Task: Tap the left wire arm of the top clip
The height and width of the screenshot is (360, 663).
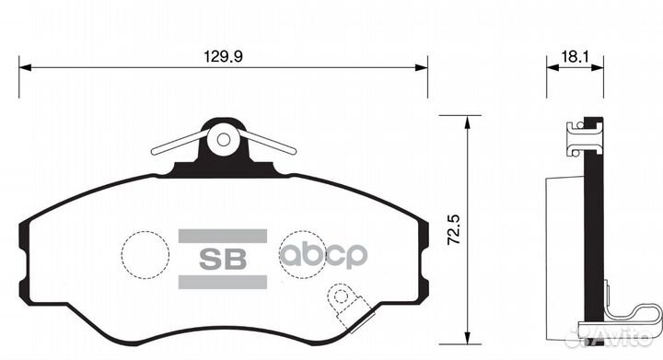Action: pos(177,145)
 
